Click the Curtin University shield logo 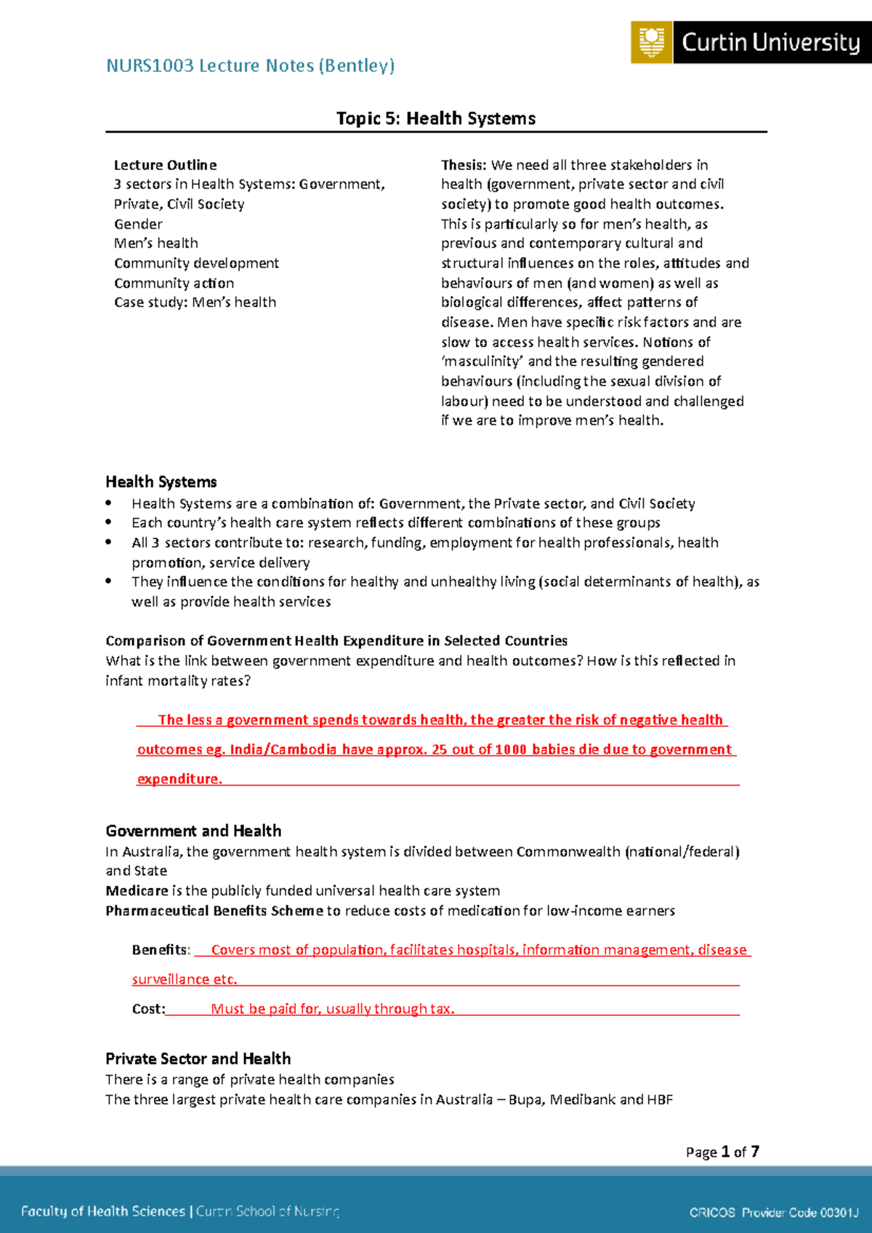(x=651, y=42)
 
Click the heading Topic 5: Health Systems (x=436, y=118)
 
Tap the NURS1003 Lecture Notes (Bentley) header (x=251, y=65)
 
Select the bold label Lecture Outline (x=165, y=165)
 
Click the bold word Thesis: (x=464, y=165)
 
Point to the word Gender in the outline (x=138, y=224)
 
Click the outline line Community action (x=174, y=282)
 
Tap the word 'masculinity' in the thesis (x=482, y=361)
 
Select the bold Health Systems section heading (x=161, y=481)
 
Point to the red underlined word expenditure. (x=179, y=778)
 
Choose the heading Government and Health (x=193, y=831)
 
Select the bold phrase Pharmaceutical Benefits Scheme (x=214, y=911)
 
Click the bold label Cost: (x=148, y=1009)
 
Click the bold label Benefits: (x=161, y=950)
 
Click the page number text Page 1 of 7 (x=722, y=1152)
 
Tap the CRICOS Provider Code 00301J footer (x=774, y=1212)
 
